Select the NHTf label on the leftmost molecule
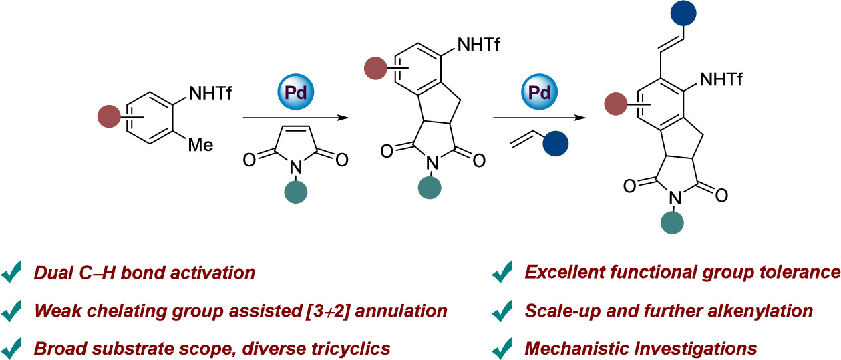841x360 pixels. click(210, 95)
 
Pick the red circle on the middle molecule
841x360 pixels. click(376, 68)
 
